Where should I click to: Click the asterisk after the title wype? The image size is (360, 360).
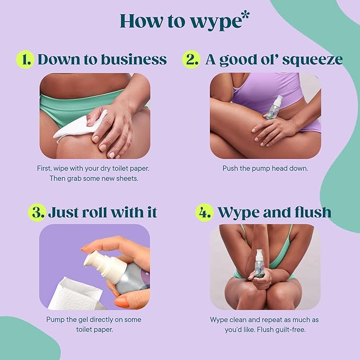point(245,15)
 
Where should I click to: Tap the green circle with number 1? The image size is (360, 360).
point(25,59)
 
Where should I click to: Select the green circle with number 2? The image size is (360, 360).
point(191,59)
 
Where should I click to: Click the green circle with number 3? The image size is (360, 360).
point(37,212)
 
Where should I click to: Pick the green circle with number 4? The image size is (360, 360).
point(204,212)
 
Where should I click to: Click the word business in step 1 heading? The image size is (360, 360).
point(134,59)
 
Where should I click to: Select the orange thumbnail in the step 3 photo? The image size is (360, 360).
point(122,301)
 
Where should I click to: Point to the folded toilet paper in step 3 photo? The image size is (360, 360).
point(76,295)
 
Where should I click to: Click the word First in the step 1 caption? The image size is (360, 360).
point(43,168)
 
